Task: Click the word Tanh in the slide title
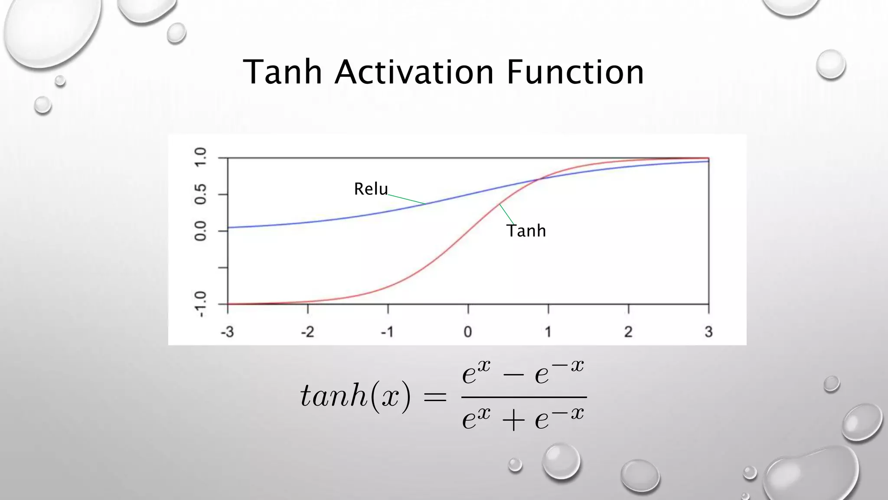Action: click(x=282, y=72)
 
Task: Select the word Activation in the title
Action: click(x=414, y=72)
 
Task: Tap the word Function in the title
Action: click(x=575, y=72)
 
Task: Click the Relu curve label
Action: click(x=371, y=189)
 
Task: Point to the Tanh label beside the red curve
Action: click(x=526, y=231)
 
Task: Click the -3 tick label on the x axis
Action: click(x=227, y=332)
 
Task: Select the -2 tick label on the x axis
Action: click(x=307, y=332)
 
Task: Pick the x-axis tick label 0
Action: click(x=468, y=332)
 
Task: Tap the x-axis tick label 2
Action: click(x=628, y=332)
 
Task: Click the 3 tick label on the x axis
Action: click(x=708, y=332)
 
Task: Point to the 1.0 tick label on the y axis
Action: click(x=200, y=157)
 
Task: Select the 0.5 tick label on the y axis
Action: click(x=200, y=194)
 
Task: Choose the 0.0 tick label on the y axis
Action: click(x=200, y=231)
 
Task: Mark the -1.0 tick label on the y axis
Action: click(x=200, y=304)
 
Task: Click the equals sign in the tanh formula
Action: click(x=435, y=396)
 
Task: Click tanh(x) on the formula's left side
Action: click(x=355, y=396)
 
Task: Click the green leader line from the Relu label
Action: click(x=406, y=199)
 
